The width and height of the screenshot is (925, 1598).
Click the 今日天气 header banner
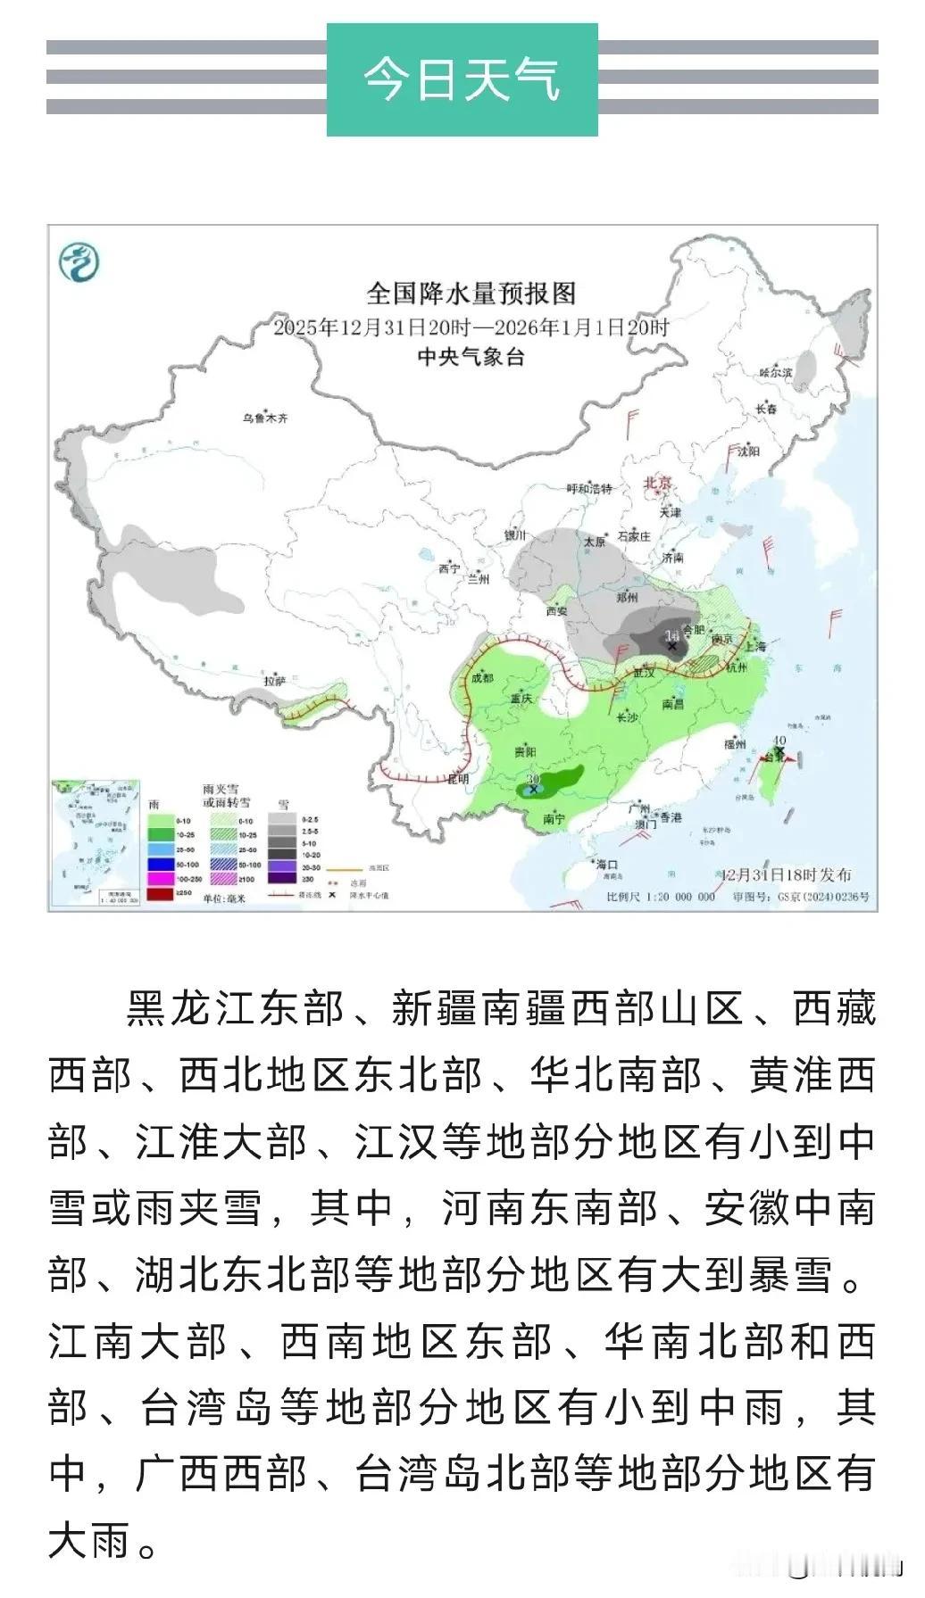click(x=462, y=79)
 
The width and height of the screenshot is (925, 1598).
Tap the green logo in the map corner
click(x=79, y=263)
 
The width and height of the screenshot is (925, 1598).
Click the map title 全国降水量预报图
click(x=471, y=293)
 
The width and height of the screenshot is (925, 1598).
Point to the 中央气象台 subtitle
click(x=471, y=357)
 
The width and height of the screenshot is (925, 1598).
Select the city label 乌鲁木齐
click(x=266, y=417)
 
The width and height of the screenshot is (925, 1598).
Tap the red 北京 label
click(x=658, y=483)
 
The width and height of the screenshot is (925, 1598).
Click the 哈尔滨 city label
click(x=775, y=372)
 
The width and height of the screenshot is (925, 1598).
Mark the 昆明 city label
click(x=457, y=779)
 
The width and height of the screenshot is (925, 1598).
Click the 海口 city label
click(x=607, y=864)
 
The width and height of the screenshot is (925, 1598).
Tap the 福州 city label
click(x=735, y=744)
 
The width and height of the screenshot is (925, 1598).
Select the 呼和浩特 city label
click(x=589, y=488)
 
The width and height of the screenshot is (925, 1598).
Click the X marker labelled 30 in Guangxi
click(x=534, y=789)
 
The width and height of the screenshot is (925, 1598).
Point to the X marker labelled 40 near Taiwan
click(x=779, y=754)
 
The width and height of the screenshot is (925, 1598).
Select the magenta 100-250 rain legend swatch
click(x=161, y=879)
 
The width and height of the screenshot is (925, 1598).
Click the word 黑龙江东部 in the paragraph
click(x=235, y=1009)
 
